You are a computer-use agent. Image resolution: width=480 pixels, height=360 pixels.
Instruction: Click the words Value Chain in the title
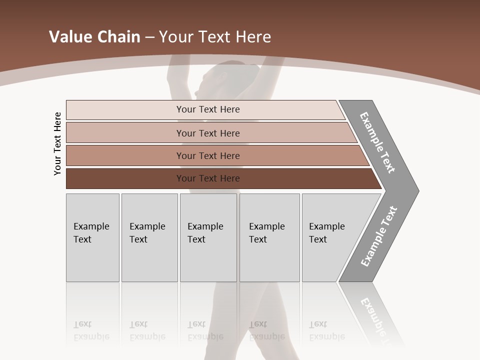click(94, 37)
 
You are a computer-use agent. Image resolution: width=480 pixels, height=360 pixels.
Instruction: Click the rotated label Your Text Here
click(57, 144)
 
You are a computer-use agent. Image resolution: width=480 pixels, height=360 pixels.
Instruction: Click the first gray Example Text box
click(92, 237)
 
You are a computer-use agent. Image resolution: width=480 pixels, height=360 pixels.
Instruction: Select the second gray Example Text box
click(149, 237)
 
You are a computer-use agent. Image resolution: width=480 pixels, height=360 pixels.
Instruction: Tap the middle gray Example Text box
click(208, 237)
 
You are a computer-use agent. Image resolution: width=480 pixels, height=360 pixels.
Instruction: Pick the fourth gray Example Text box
click(269, 237)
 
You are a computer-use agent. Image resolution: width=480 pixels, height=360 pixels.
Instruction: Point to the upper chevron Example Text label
click(377, 142)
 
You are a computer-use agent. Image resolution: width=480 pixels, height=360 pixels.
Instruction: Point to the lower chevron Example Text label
click(379, 236)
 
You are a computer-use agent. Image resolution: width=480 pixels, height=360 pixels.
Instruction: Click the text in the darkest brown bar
click(208, 178)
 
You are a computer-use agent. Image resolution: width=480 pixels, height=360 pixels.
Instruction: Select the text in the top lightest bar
click(208, 109)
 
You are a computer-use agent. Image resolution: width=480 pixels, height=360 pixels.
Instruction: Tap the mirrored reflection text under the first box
click(91, 331)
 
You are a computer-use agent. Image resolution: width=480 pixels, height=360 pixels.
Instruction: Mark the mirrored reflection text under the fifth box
click(326, 331)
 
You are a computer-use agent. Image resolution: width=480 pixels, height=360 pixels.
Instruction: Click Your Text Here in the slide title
click(215, 37)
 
